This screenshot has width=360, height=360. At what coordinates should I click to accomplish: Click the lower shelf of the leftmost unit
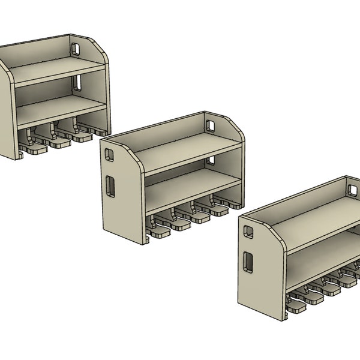click(x=60, y=110)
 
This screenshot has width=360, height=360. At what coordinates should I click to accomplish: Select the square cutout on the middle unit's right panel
click(x=211, y=125)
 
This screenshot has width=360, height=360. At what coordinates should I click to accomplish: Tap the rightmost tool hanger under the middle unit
click(x=222, y=207)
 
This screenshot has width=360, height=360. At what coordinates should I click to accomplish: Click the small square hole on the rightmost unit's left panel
click(x=246, y=230)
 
